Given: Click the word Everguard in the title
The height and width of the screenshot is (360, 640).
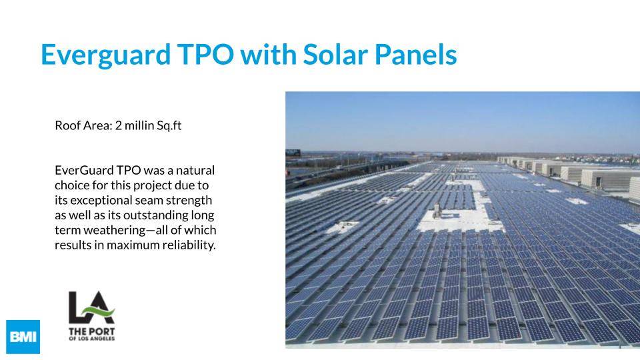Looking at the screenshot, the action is [x=106, y=55].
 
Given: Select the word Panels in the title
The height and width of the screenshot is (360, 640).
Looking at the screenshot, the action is [x=416, y=54].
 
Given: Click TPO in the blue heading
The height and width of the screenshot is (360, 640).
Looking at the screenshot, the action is [x=205, y=54].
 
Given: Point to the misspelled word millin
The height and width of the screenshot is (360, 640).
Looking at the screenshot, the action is [x=139, y=125].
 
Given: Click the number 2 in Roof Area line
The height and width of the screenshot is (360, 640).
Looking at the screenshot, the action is [x=119, y=125].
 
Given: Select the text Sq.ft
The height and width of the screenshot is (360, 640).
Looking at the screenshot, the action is [x=169, y=126].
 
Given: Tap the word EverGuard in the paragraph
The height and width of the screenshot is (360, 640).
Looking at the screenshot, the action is [x=84, y=170].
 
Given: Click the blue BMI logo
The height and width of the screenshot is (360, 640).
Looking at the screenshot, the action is [x=23, y=337].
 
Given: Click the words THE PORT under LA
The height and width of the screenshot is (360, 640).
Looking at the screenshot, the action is [x=91, y=331].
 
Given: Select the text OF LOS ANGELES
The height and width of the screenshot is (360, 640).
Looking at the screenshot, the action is [x=91, y=339].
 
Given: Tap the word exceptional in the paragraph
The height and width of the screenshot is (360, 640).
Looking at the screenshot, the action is [x=101, y=201].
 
